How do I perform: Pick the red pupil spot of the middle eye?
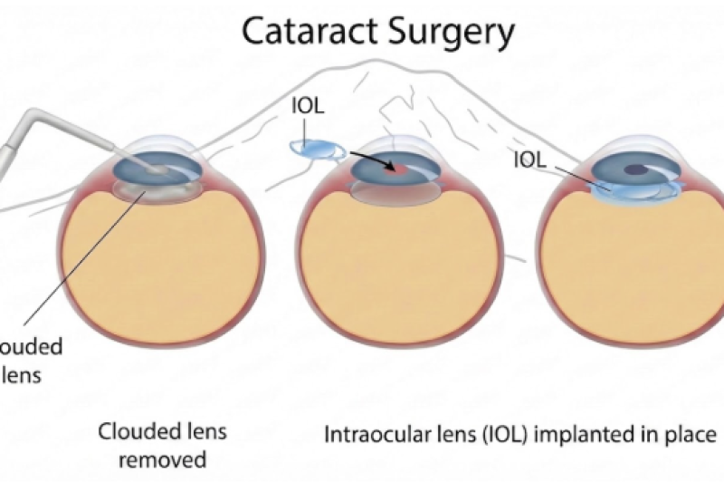click(x=389, y=168)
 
